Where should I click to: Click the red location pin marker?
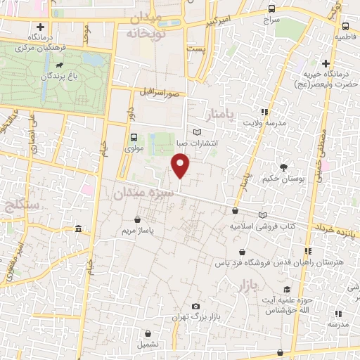[181, 167]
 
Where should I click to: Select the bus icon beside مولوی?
[134, 137]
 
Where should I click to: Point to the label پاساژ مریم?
[138, 230]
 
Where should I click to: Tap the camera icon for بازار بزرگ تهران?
[195, 307]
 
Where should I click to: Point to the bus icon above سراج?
[272, 9]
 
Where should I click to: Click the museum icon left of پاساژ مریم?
[78, 229]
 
